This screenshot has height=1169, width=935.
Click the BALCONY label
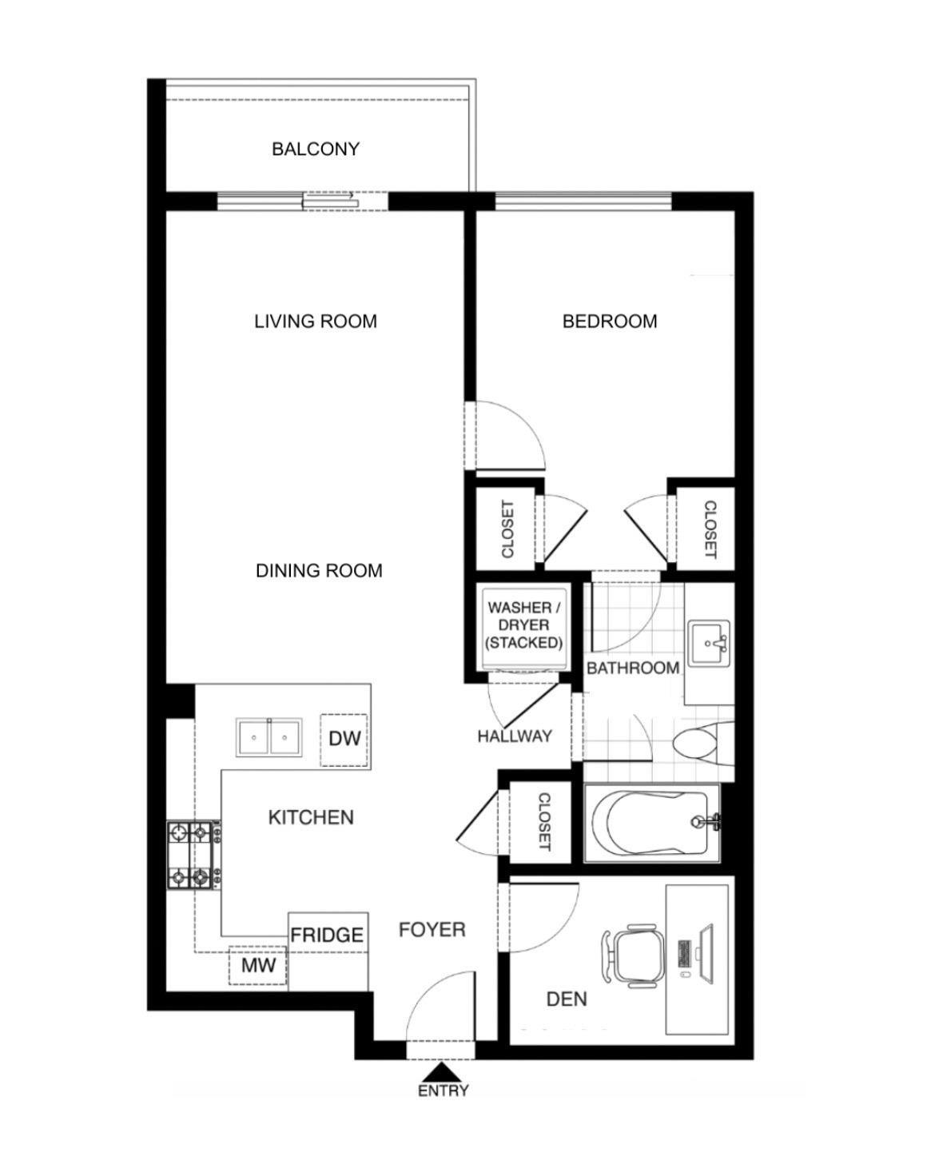[x=315, y=149]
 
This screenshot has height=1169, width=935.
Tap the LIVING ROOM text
[x=315, y=321]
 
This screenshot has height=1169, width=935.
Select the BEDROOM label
[x=610, y=321]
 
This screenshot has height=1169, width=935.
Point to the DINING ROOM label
[x=319, y=571]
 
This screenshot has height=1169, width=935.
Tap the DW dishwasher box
[x=344, y=739]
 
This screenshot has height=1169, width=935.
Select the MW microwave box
[x=258, y=966]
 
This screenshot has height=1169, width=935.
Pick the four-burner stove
[x=193, y=856]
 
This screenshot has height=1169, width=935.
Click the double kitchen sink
[x=269, y=737]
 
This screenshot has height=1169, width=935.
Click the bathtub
[x=654, y=823]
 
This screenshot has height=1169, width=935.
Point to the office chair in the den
[x=634, y=955]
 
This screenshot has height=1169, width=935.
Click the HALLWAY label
[x=515, y=736]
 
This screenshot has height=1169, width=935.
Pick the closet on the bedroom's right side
[x=706, y=529]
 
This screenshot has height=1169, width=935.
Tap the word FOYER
[x=432, y=930]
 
